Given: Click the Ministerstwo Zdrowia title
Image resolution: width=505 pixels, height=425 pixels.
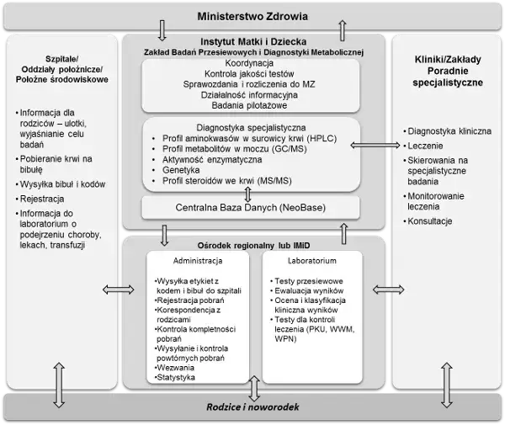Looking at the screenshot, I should click(x=252, y=17).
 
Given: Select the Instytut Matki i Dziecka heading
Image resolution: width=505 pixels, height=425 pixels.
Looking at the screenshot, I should click(x=252, y=40).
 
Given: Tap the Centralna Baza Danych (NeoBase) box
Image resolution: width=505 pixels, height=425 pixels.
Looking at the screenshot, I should click(x=250, y=206).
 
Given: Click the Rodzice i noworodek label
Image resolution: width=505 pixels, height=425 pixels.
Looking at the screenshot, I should click(x=253, y=407).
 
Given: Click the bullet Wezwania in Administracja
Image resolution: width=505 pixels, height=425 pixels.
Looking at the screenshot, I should click(x=175, y=367).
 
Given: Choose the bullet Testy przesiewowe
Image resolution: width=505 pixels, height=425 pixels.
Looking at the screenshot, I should click(x=304, y=279).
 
